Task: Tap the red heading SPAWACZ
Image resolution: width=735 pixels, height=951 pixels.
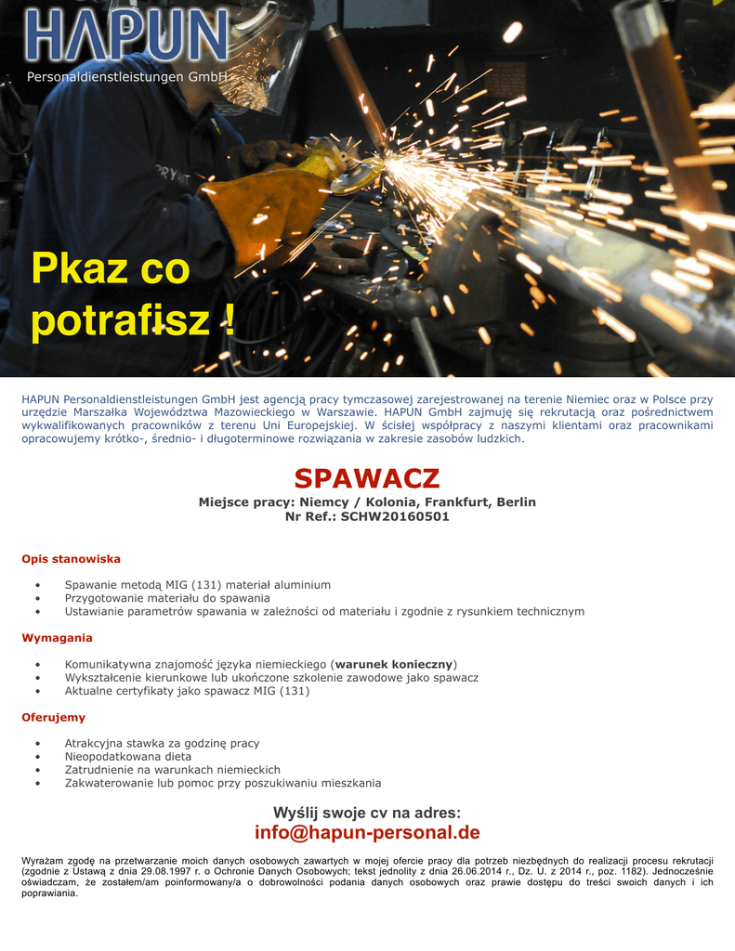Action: tap(367, 479)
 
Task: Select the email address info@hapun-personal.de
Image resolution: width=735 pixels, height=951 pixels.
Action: tap(367, 832)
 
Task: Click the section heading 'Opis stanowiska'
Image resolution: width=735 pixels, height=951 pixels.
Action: tap(72, 559)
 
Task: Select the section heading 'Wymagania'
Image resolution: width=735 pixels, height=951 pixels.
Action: tap(57, 638)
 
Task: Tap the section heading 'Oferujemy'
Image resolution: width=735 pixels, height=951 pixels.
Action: tap(54, 717)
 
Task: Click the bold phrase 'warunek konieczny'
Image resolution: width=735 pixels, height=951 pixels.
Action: tap(393, 664)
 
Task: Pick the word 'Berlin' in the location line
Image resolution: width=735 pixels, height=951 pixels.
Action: tap(516, 502)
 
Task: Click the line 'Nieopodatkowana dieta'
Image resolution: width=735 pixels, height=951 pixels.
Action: tap(128, 757)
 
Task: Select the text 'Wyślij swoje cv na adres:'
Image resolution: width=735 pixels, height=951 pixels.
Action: tap(367, 813)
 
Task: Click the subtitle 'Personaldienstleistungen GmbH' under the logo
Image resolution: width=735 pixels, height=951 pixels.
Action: tap(126, 77)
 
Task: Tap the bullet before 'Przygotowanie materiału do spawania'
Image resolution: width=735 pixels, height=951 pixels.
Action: tap(36, 598)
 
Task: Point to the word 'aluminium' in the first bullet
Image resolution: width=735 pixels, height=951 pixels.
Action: tap(300, 585)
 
